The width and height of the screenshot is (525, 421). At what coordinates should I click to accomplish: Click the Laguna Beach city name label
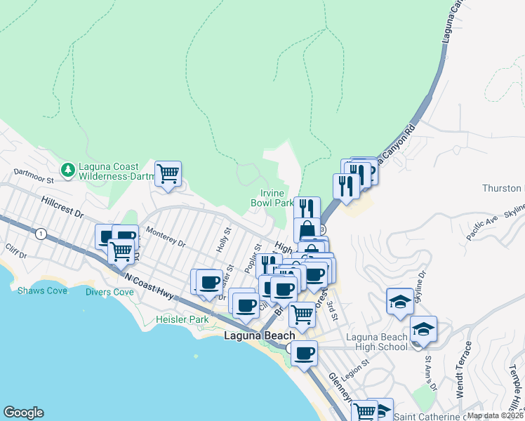click(x=259, y=335)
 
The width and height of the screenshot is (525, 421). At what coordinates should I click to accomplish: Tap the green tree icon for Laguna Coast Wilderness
click(x=67, y=170)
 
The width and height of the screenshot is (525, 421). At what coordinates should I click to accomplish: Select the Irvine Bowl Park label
click(x=272, y=198)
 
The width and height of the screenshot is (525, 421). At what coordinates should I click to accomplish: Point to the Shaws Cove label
click(x=42, y=290)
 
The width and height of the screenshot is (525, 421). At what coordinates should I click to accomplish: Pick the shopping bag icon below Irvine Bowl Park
click(x=307, y=229)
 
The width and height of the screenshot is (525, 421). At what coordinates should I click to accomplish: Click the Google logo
click(x=23, y=413)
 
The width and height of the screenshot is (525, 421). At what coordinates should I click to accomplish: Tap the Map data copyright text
click(x=495, y=415)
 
